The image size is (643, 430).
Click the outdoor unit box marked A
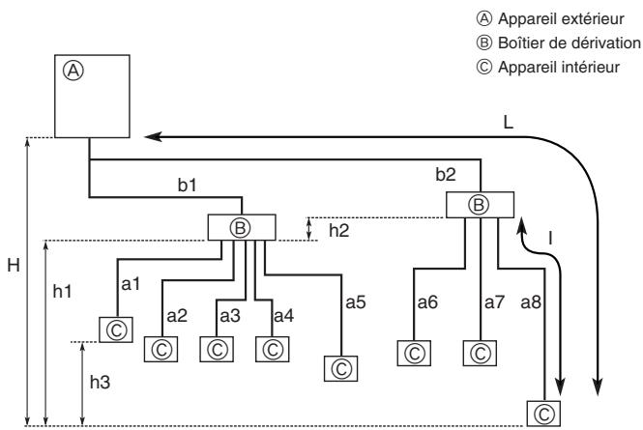click(92, 96)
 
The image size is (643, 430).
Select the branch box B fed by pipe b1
click(242, 227)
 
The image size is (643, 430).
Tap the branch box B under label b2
click(480, 205)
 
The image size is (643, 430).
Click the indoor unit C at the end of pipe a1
click(116, 330)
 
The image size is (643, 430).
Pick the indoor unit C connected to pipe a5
click(340, 368)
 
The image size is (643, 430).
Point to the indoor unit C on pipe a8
click(543, 414)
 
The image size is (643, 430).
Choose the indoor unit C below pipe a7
click(480, 353)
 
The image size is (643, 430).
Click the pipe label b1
click(187, 186)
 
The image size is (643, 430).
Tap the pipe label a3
click(230, 316)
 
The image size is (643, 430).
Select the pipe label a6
click(427, 302)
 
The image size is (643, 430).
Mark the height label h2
click(339, 231)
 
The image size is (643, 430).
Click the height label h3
click(100, 382)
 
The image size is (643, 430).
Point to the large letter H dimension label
click(14, 266)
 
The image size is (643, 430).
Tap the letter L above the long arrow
click(508, 122)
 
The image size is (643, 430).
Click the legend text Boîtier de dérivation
click(570, 43)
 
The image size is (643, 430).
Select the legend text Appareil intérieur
click(559, 68)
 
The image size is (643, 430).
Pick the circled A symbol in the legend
click(483, 19)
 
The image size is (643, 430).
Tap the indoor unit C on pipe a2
click(161, 349)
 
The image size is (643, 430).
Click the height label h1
click(62, 291)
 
